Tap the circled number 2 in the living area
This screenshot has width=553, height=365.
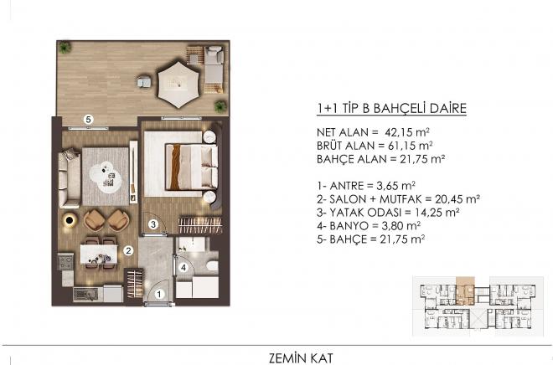point(128,249)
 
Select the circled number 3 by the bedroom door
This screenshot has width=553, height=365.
point(153,224)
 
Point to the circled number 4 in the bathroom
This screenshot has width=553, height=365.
point(183,268)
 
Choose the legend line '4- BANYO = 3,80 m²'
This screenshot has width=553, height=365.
point(374,225)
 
